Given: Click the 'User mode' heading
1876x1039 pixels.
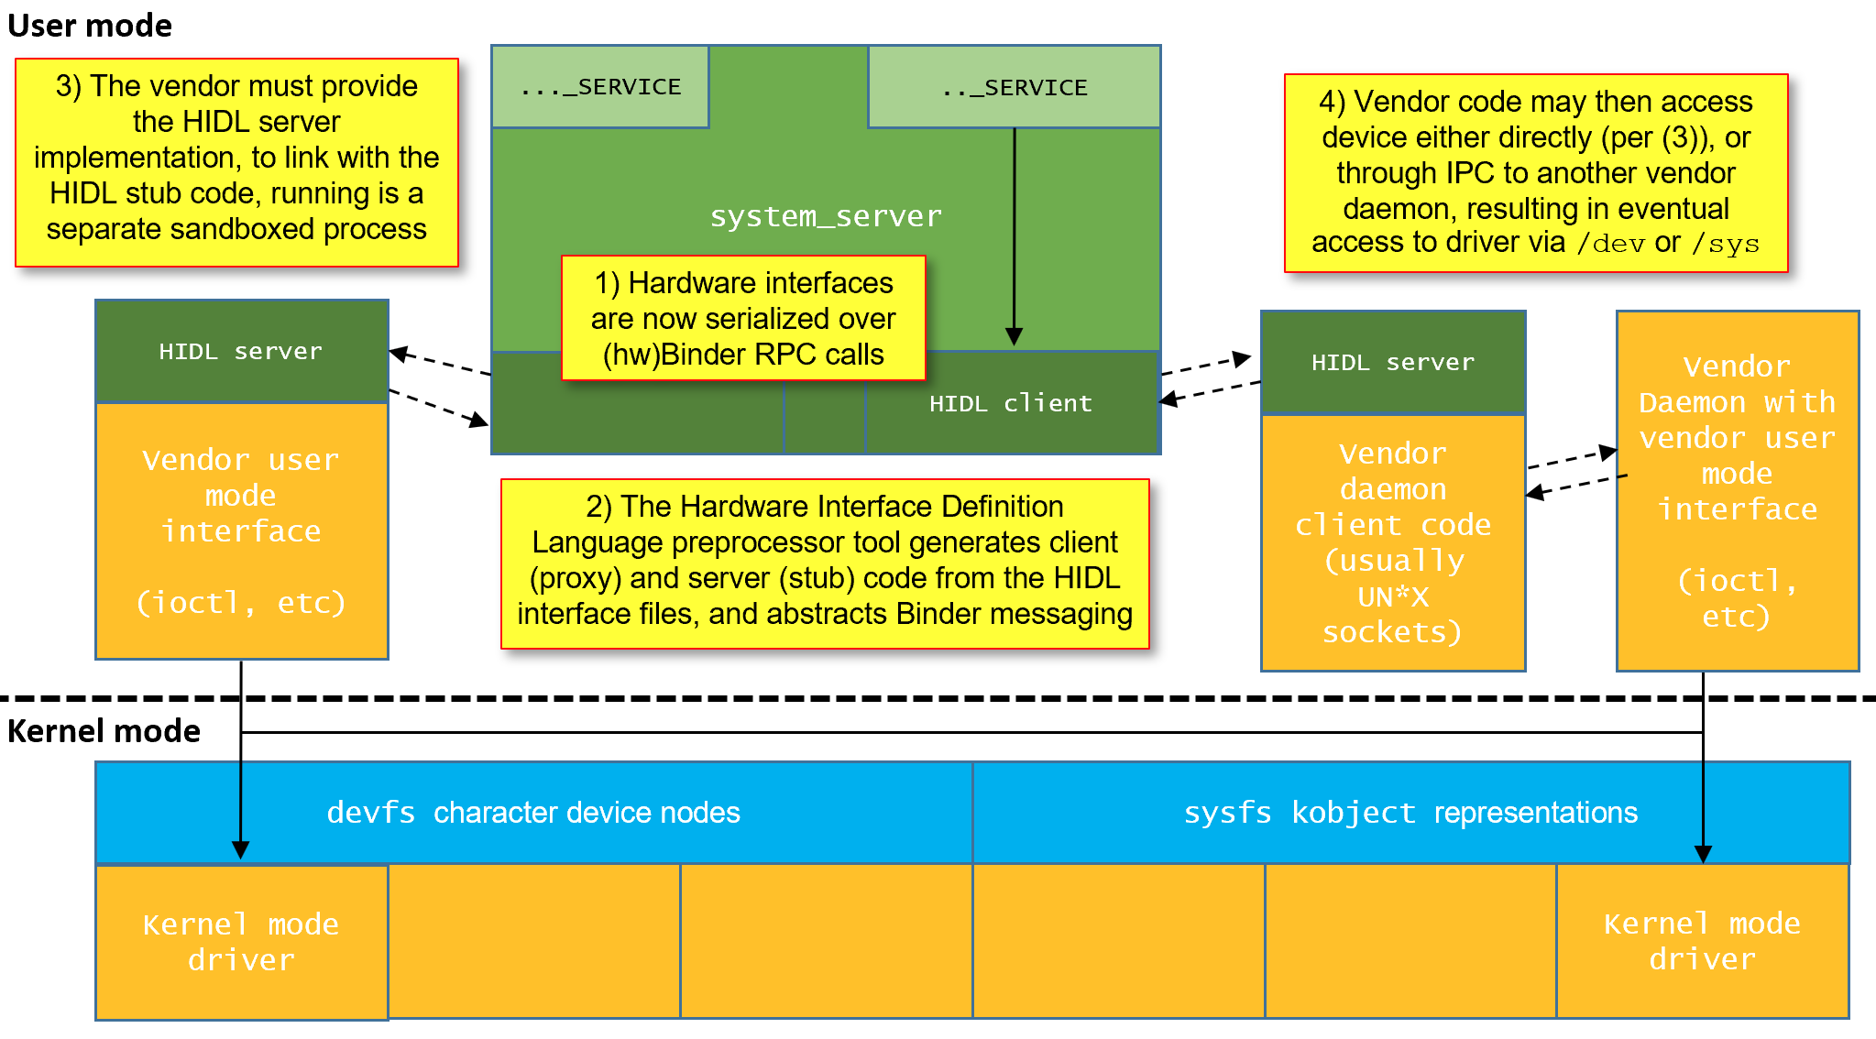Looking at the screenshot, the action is pyautogui.click(x=90, y=26).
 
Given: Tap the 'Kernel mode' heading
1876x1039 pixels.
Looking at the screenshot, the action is pyautogui.click(x=104, y=731).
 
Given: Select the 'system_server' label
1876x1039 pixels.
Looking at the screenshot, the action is pyautogui.click(x=826, y=216).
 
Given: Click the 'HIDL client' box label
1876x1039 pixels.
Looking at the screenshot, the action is pyautogui.click(x=1011, y=403).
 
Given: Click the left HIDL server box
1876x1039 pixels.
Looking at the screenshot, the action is pyautogui.click(x=242, y=352).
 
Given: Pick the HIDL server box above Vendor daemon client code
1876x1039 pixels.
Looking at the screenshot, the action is pyautogui.click(x=1393, y=363).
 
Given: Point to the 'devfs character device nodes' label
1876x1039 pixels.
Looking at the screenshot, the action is pyautogui.click(x=533, y=813).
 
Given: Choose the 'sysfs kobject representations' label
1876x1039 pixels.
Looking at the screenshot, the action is pyautogui.click(x=1410, y=813).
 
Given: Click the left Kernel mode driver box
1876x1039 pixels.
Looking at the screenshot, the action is pyautogui.click(x=242, y=942).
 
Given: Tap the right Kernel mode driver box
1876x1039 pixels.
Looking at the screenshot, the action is pyautogui.click(x=1703, y=941).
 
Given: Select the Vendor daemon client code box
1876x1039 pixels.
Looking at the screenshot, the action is pyautogui.click(x=1393, y=542).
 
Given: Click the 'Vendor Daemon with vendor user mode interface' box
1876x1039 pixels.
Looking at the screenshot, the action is pyautogui.click(x=1738, y=491).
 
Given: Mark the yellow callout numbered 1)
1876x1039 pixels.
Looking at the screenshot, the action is pyautogui.click(x=743, y=318).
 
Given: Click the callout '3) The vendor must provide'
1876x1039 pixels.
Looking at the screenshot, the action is pyautogui.click(x=236, y=162).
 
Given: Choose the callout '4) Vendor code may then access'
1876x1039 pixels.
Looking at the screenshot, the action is pyautogui.click(x=1536, y=173).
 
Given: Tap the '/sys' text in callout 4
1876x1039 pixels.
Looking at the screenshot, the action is pyautogui.click(x=1725, y=244).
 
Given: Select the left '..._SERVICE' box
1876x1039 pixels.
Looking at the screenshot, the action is pyautogui.click(x=600, y=87).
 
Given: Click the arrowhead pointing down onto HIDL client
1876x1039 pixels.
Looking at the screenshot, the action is pyautogui.click(x=1014, y=336).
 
